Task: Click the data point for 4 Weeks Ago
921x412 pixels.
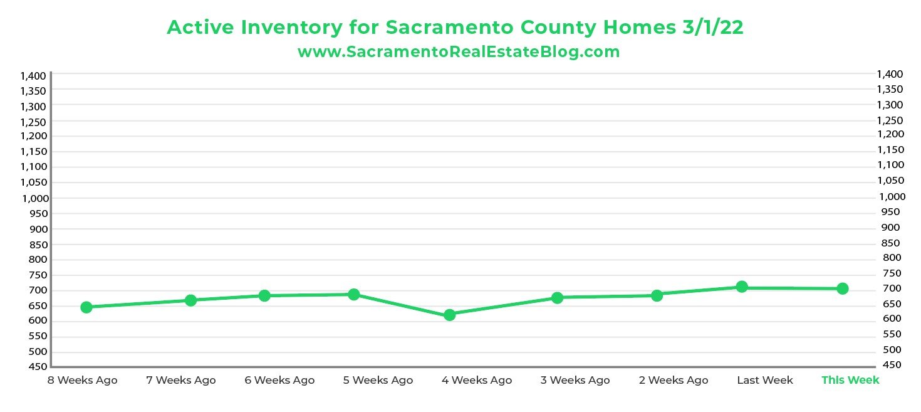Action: click(449, 315)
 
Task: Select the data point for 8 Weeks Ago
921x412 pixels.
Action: click(86, 307)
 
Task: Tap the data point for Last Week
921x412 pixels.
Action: click(742, 287)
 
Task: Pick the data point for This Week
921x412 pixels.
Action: click(843, 288)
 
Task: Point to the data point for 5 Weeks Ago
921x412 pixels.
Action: click(354, 294)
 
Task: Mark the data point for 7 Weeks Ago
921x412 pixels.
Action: click(191, 300)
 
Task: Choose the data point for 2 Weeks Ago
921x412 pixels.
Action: click(657, 295)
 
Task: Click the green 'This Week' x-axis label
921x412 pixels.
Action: click(850, 380)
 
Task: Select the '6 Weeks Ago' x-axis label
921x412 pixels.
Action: click(279, 380)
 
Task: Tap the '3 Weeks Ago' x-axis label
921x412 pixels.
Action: click(575, 380)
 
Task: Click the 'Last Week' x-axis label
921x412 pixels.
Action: click(764, 380)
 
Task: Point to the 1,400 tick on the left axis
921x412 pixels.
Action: click(33, 76)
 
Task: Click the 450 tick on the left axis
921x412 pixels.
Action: click(38, 367)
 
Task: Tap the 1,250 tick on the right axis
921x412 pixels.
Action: click(890, 120)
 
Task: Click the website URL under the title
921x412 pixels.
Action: click(459, 52)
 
